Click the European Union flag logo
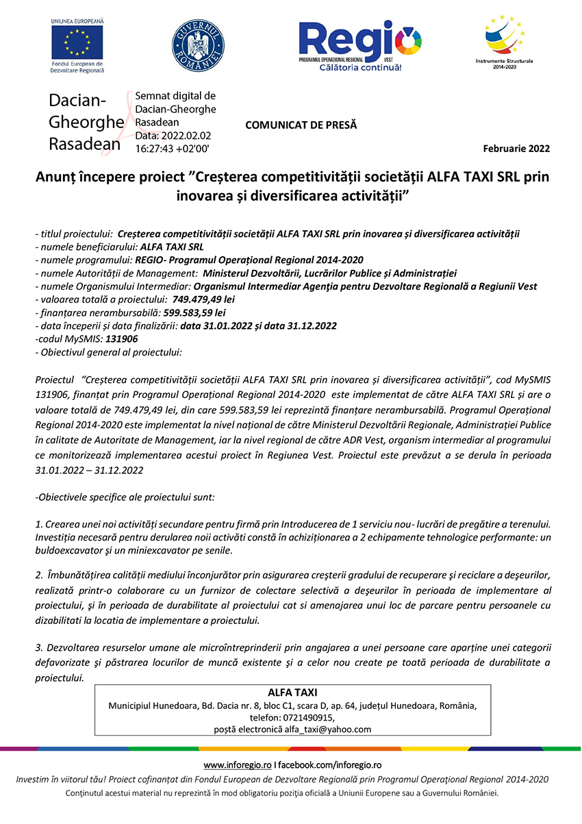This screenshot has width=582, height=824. click(x=77, y=41)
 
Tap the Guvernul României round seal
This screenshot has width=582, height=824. click(x=197, y=45)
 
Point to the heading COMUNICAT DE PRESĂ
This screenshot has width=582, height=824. click(x=301, y=125)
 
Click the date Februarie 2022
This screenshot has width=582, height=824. click(x=516, y=149)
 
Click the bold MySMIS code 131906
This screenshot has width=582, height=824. click(x=121, y=338)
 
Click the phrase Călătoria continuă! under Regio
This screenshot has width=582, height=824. click(x=360, y=68)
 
